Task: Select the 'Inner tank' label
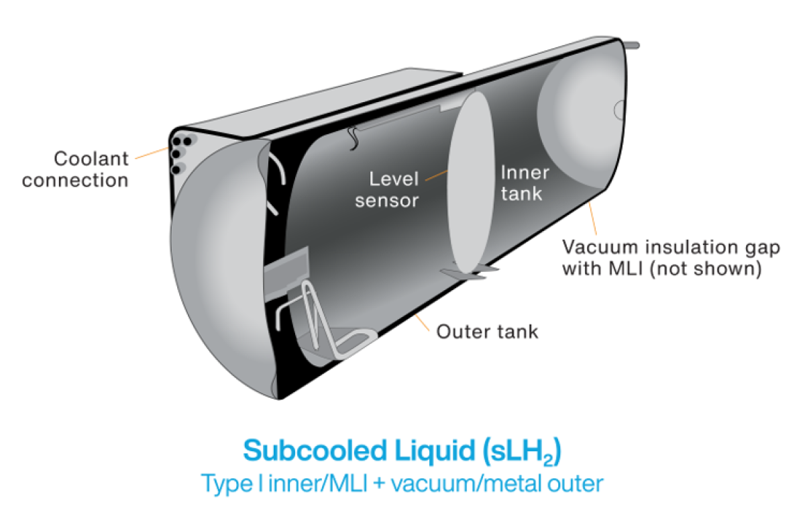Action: coord(525,183)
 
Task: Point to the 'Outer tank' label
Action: coord(487,331)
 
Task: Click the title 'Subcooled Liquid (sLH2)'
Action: coord(402,451)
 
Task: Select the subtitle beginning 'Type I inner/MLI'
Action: coord(402,482)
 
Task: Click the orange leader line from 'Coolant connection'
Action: coord(151,154)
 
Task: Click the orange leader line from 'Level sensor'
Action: coord(436,176)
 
